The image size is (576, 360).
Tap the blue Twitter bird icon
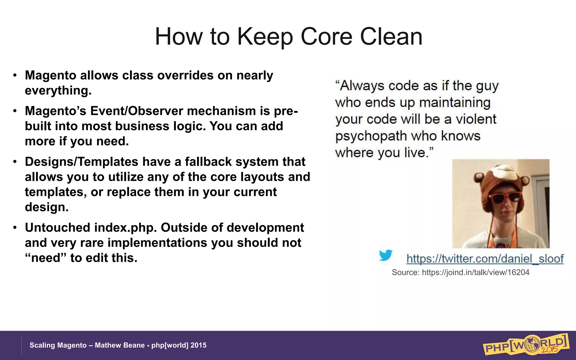(385, 255)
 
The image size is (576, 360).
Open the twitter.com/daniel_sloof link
(485, 258)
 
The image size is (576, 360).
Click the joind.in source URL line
(460, 272)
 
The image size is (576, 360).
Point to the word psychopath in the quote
(371, 136)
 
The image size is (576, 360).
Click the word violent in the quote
(476, 119)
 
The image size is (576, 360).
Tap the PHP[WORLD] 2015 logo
(526, 345)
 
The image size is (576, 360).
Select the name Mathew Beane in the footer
(120, 345)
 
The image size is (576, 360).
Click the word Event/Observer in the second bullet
(136, 111)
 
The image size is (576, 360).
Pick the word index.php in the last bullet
(125, 228)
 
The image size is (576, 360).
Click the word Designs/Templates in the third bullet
(82, 162)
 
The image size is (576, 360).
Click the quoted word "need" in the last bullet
(45, 258)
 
